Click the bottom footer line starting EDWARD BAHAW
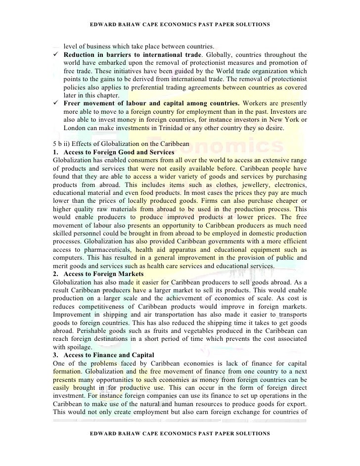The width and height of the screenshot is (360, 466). [180, 433]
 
